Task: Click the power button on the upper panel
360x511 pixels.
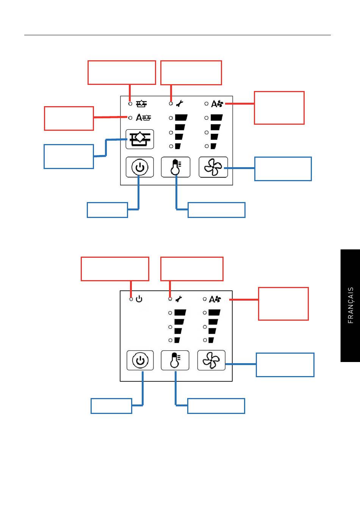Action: (139, 167)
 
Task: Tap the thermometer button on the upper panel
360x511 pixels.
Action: (176, 167)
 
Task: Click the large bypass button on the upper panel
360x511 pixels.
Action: (139, 139)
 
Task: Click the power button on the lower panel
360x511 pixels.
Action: (140, 360)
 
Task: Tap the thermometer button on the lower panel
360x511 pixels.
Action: (175, 360)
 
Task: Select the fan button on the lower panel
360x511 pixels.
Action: (211, 360)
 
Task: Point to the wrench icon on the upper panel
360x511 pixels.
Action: (180, 103)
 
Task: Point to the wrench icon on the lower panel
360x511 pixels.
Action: (178, 299)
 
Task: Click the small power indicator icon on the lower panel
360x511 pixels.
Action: (139, 299)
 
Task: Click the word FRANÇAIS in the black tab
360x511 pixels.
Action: (351, 305)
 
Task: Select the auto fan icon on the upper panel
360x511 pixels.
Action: (217, 103)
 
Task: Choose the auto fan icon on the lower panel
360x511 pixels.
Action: (215, 299)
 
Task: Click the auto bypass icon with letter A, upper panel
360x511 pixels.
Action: (143, 118)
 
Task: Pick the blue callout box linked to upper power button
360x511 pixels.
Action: (107, 210)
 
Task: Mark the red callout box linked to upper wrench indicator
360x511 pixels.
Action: (191, 72)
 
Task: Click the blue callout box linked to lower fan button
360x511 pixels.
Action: (285, 365)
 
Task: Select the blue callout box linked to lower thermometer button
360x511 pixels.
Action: (216, 406)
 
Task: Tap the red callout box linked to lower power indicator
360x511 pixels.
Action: (115, 269)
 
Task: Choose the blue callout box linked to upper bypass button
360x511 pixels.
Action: (69, 156)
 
